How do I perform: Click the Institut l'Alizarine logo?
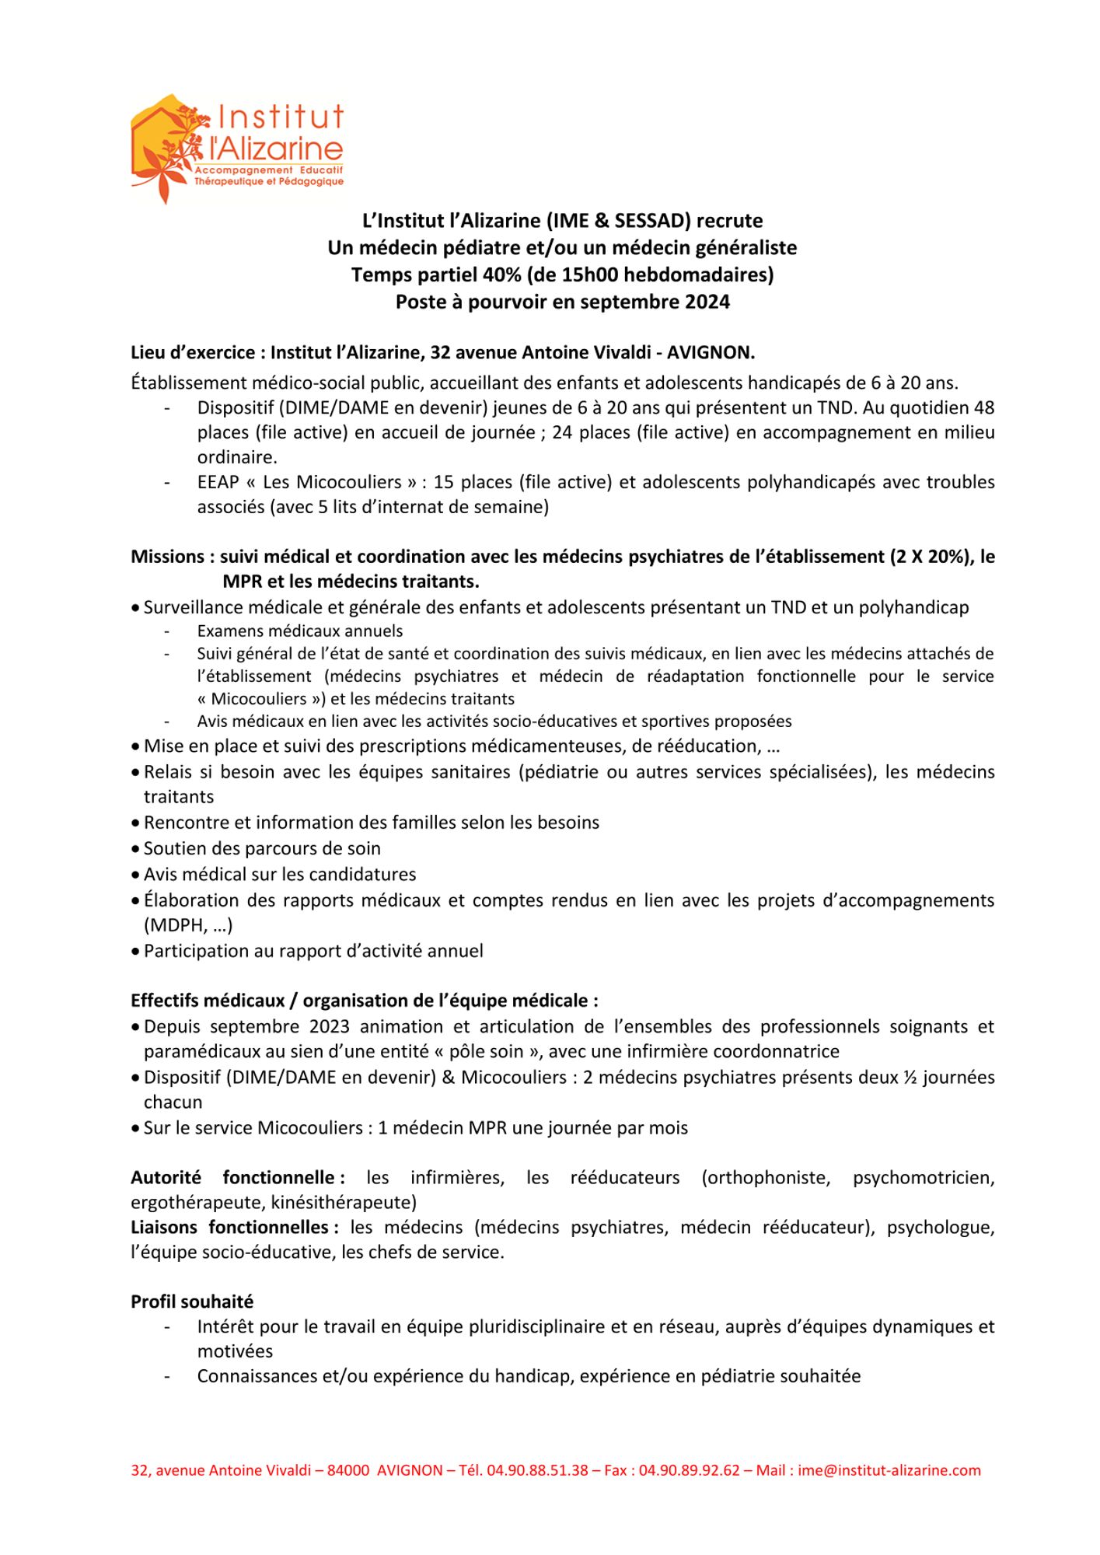point(236,148)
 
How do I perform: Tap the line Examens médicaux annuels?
point(300,631)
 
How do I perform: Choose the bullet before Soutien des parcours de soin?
point(136,849)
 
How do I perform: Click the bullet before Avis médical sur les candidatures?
point(136,875)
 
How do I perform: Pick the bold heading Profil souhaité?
point(192,1302)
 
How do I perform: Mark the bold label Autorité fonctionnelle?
point(236,1178)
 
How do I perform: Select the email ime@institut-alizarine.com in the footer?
point(889,1470)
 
